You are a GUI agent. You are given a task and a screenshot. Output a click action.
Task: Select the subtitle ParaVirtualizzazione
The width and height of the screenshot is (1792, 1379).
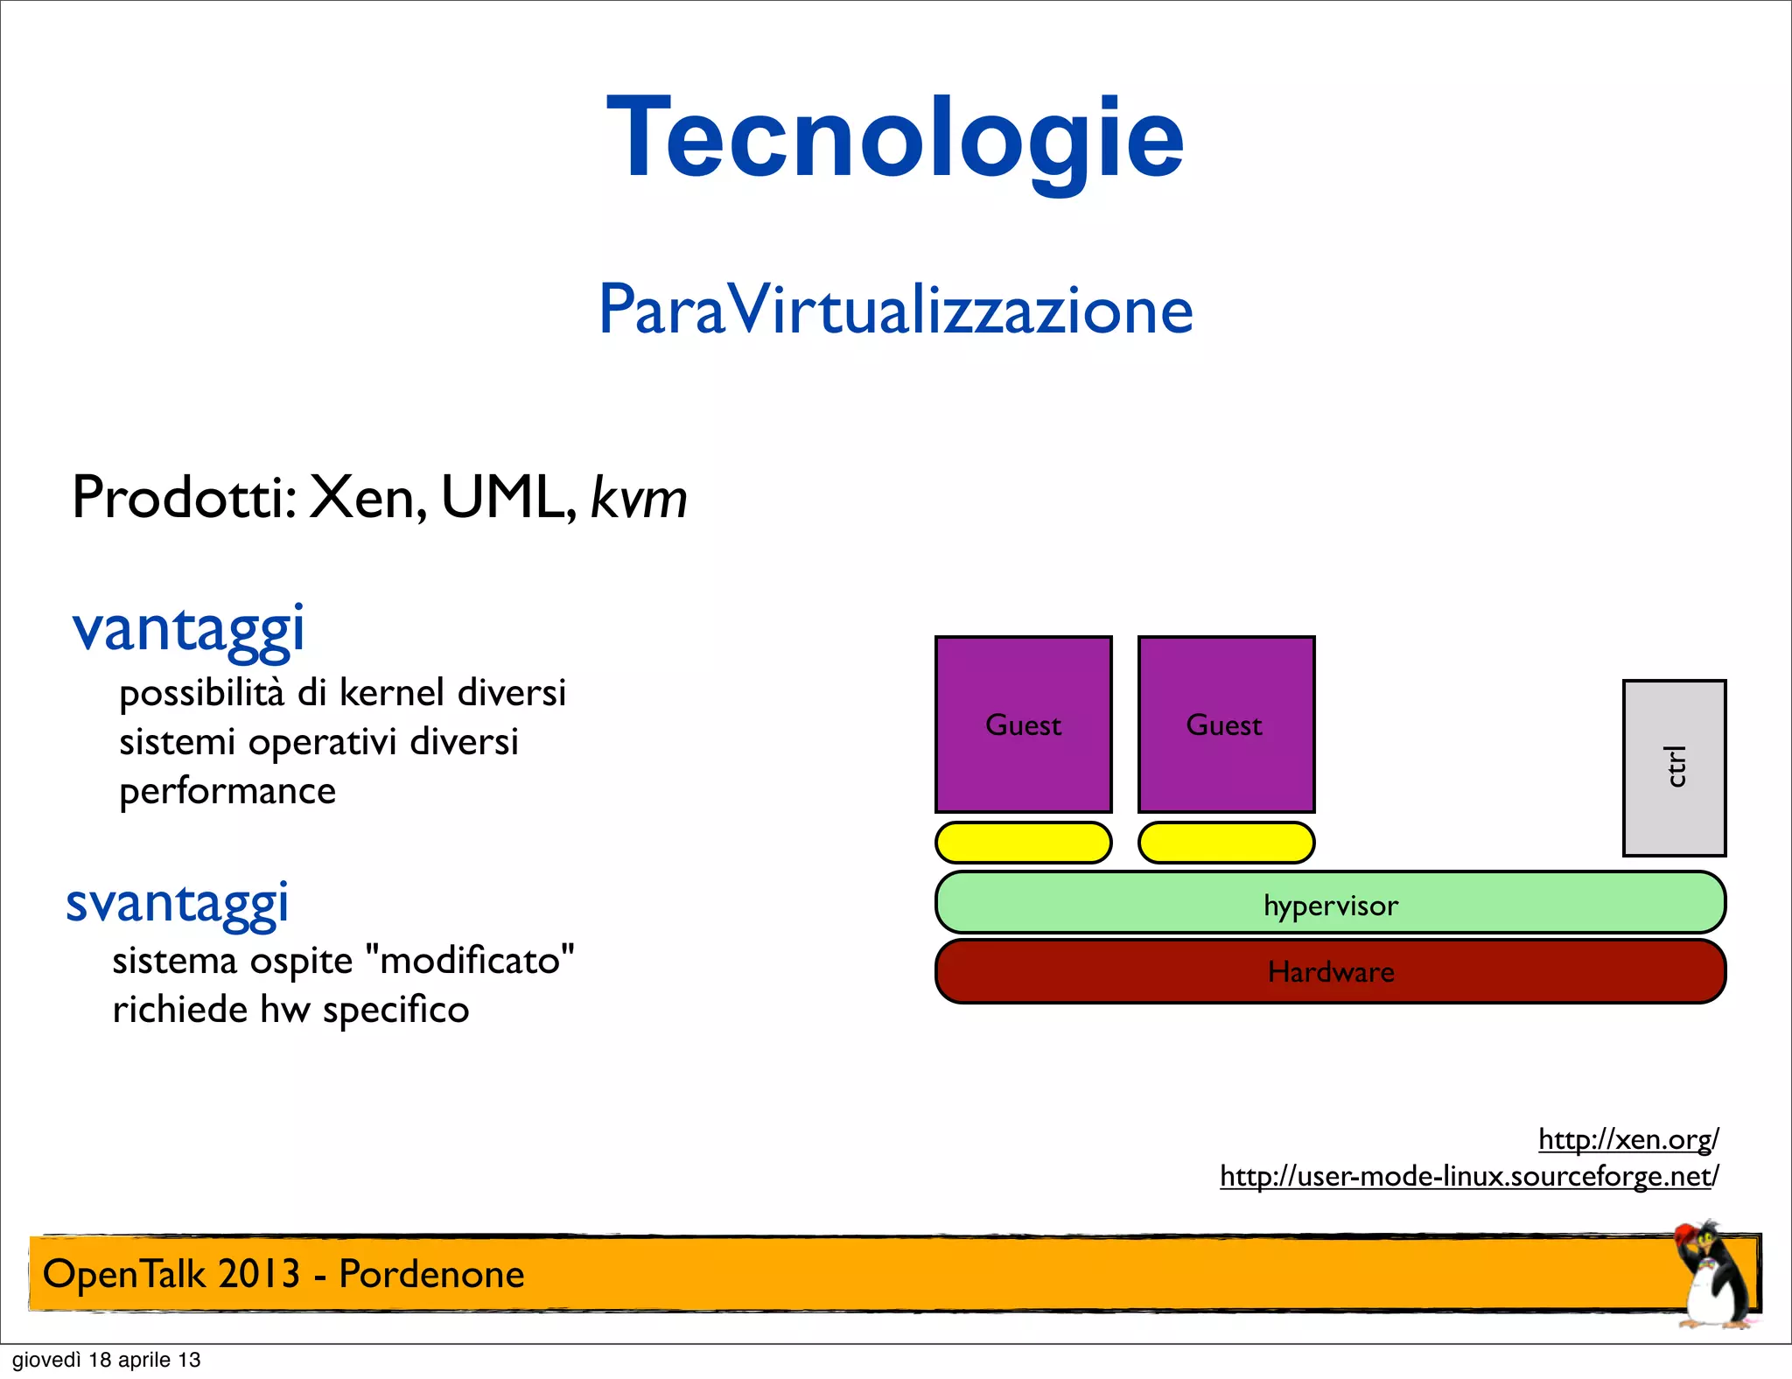click(x=895, y=310)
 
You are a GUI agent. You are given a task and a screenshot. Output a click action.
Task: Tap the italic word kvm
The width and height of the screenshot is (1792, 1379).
click(x=639, y=498)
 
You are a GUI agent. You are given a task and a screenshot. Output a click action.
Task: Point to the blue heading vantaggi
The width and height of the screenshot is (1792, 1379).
click(x=188, y=628)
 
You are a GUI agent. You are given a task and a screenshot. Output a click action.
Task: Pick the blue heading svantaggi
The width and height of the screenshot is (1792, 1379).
click(x=178, y=903)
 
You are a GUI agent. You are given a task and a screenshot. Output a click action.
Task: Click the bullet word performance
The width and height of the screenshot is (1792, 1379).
click(x=227, y=791)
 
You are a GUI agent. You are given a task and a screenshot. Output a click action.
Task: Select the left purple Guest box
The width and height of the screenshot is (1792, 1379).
click(x=1023, y=724)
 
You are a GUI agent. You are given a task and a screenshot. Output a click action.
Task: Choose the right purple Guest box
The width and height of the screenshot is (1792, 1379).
click(x=1226, y=724)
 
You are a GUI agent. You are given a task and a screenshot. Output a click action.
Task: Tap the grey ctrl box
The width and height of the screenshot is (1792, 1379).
click(x=1674, y=767)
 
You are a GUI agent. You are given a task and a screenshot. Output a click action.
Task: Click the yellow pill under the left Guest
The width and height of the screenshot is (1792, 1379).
click(x=1023, y=843)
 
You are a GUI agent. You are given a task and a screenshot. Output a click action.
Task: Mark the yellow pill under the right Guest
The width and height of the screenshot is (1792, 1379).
click(x=1226, y=843)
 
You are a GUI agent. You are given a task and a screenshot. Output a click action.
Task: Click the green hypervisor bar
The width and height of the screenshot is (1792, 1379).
click(x=1330, y=903)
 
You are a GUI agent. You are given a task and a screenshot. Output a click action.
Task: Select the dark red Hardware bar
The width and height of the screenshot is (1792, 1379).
click(x=1330, y=971)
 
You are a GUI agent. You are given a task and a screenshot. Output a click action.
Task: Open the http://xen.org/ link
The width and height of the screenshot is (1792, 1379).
click(x=1628, y=1138)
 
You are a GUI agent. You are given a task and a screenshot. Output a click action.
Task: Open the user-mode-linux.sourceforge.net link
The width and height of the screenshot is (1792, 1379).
click(x=1469, y=1175)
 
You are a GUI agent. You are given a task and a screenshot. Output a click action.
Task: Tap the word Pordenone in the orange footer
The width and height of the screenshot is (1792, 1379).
click(x=431, y=1274)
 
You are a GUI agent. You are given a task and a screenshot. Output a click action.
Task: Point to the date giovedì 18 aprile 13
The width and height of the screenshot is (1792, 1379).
click(x=106, y=1360)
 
